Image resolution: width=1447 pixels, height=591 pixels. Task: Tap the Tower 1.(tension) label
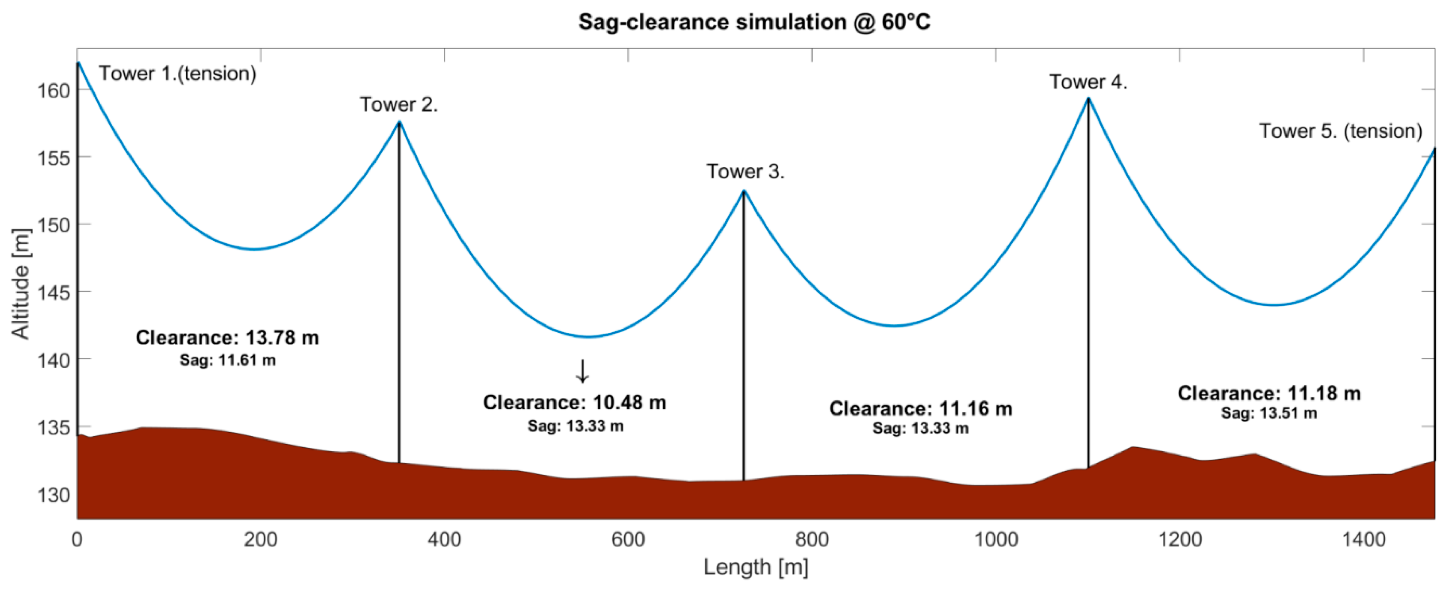pos(177,74)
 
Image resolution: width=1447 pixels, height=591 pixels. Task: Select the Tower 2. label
pos(399,105)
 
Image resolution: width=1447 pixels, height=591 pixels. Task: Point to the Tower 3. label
pos(745,172)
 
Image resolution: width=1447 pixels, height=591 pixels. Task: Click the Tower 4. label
pos(1088,82)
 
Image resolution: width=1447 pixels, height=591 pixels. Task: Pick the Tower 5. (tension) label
pos(1340,131)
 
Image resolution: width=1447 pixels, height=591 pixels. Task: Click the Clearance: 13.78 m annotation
pos(228,337)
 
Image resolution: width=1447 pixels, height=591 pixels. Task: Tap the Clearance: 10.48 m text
pos(575,402)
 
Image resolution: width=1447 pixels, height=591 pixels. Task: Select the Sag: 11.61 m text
pos(228,360)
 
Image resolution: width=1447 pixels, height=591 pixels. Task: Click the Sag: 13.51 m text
pos(1269,414)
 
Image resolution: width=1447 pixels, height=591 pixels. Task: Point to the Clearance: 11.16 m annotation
pos(920,408)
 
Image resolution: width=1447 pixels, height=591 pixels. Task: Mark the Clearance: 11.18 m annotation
pos(1269,393)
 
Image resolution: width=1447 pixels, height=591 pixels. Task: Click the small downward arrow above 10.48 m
pos(583,371)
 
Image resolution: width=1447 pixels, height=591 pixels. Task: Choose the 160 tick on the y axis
pos(53,90)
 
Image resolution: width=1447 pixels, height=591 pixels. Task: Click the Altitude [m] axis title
pos(21,284)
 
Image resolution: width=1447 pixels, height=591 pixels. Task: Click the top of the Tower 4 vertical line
pos(1088,99)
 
